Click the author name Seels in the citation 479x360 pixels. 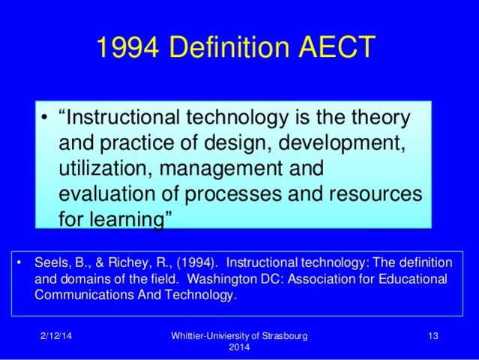(x=49, y=263)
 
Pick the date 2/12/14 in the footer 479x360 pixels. (x=56, y=335)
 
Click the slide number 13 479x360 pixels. (x=432, y=335)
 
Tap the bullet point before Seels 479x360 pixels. (x=18, y=263)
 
